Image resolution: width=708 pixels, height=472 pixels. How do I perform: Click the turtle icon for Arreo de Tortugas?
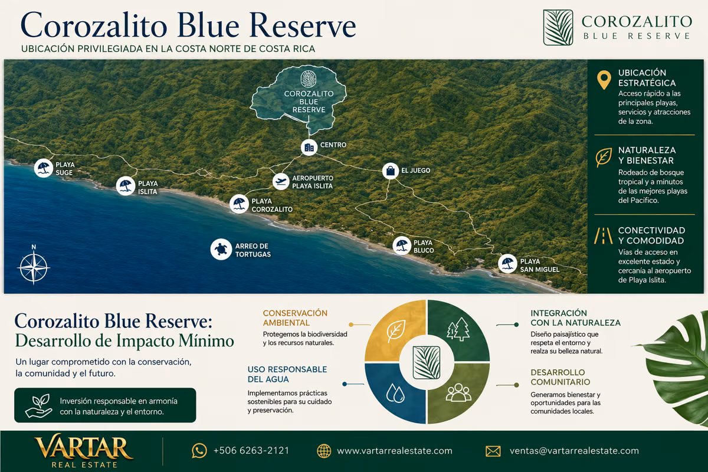coord(221,250)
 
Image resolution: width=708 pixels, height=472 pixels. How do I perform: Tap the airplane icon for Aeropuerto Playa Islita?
coord(281,182)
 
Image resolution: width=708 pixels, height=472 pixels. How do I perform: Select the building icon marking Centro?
coord(309,147)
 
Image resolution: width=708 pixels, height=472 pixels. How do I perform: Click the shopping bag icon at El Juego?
coord(391,171)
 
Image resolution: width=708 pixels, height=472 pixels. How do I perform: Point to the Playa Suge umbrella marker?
coord(43,168)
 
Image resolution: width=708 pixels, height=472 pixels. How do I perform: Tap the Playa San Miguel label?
coord(539,265)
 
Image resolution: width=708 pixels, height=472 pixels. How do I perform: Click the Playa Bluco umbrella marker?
coord(402,245)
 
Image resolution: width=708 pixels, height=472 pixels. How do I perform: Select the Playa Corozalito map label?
coord(272,205)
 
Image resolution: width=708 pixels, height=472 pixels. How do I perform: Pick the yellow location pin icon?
coord(604,79)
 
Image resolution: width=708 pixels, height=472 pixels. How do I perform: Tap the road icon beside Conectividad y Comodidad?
coord(603,236)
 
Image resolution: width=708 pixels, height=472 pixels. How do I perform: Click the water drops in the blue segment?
coord(395,393)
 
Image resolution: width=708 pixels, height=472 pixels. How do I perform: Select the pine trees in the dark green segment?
coord(458,329)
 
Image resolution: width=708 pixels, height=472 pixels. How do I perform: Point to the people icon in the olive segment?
coord(458,392)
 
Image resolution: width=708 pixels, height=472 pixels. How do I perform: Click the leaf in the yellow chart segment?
coord(396,330)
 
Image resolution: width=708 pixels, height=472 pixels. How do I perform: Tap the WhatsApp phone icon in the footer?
coord(199,451)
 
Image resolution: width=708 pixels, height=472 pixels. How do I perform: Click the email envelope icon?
coord(493,451)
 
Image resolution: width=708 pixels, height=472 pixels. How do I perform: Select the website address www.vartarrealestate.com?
coord(395,451)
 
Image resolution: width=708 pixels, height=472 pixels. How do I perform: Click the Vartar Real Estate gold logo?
coord(84,451)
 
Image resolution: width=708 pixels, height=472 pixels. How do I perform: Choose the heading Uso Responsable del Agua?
coord(287,374)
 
